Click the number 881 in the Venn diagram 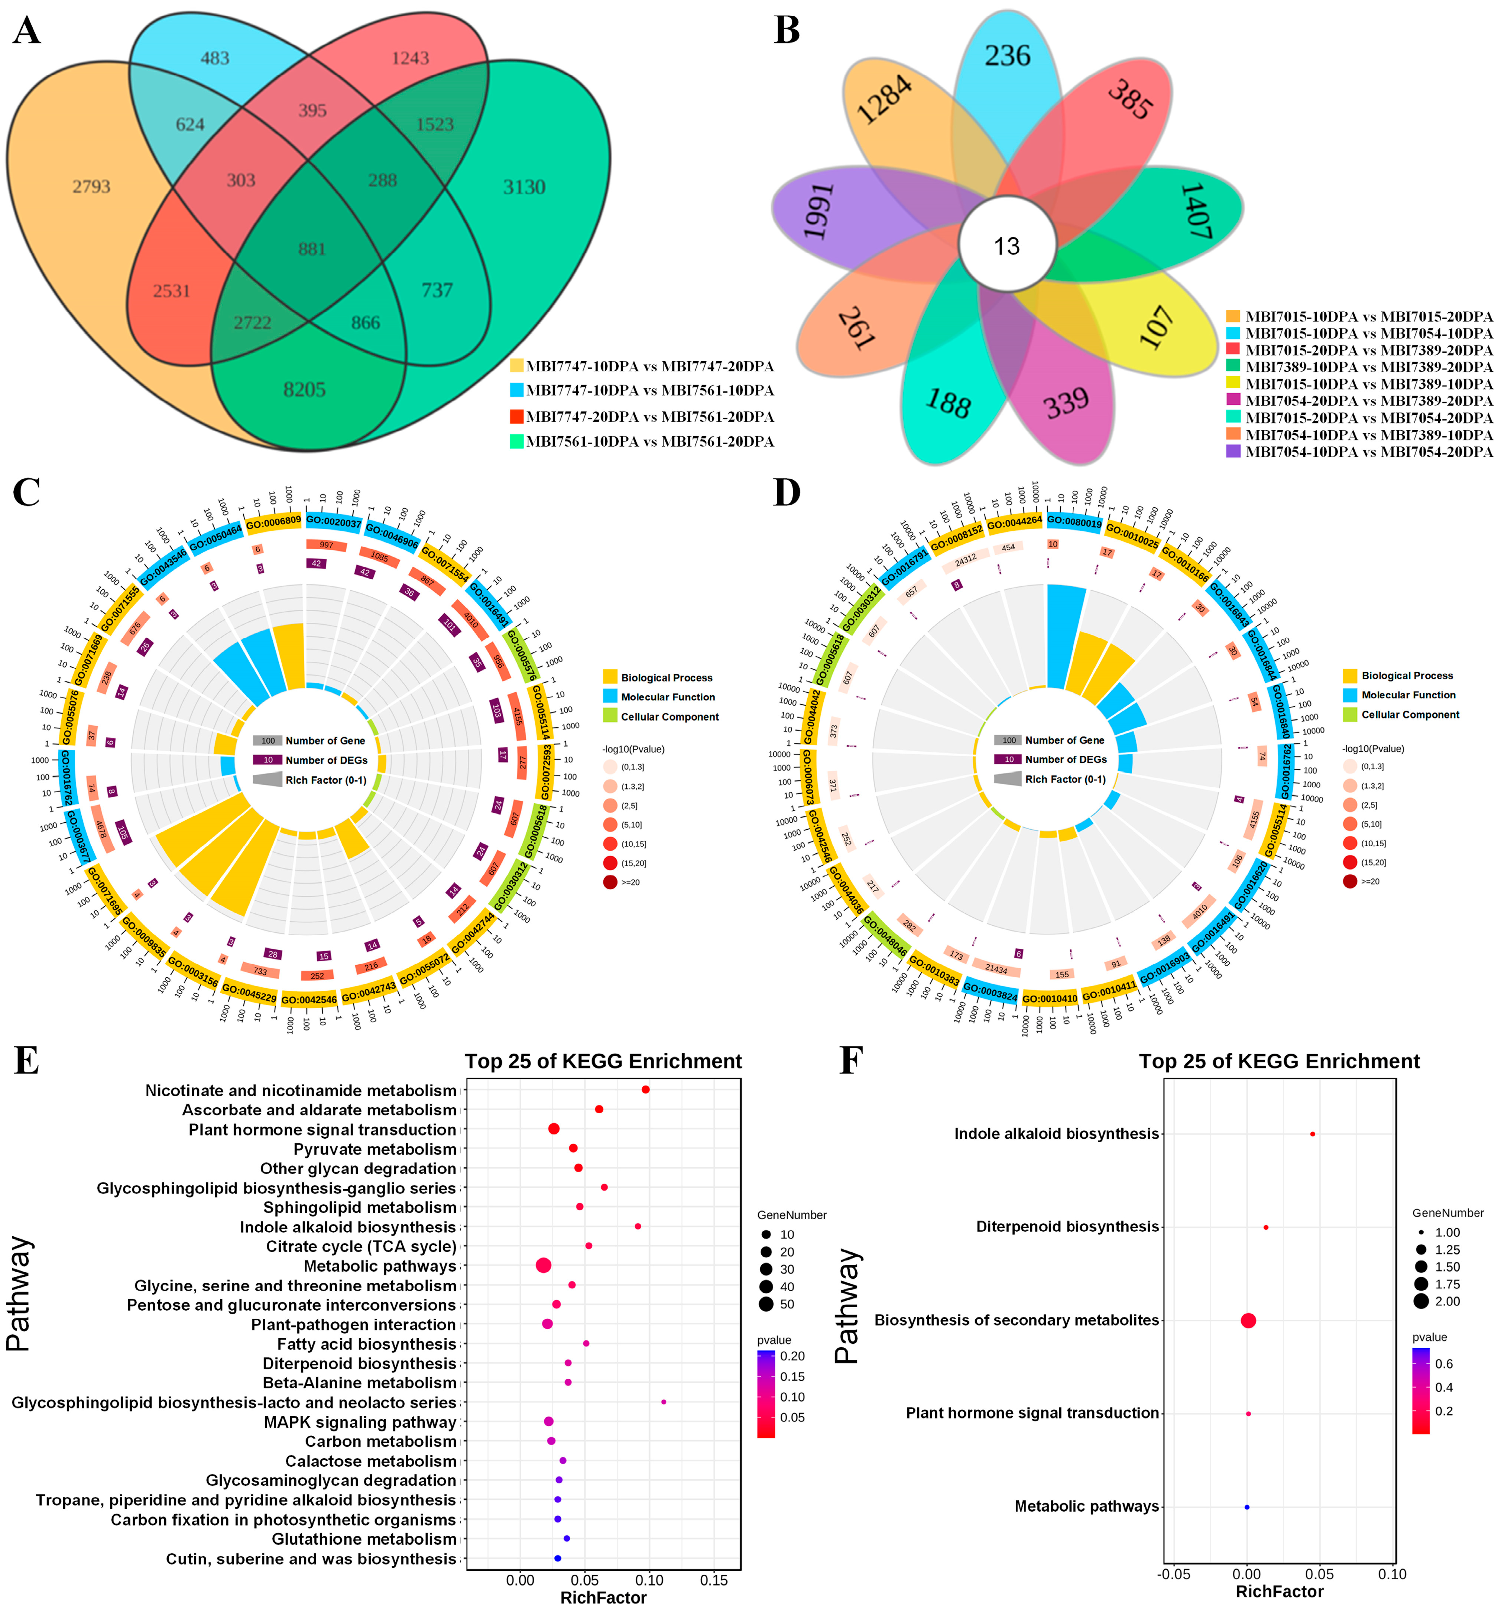tap(311, 249)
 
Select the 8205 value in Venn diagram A tap(304, 390)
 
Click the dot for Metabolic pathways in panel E tap(543, 1265)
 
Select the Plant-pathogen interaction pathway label tap(354, 1324)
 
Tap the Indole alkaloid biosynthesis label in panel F tap(1056, 1134)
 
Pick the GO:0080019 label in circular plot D tap(1074, 523)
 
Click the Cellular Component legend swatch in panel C tap(611, 716)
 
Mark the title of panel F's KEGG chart tap(1279, 1061)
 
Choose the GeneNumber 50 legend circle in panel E tap(765, 1304)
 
